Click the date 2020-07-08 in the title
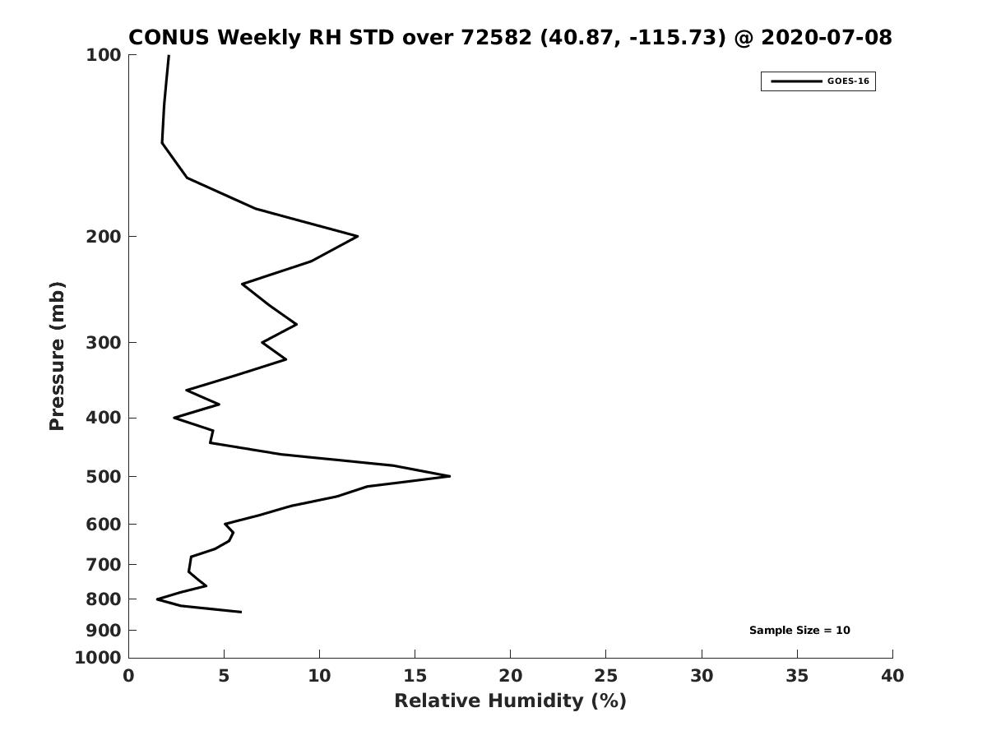tap(827, 37)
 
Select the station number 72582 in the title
tap(497, 37)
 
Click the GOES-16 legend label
tap(848, 81)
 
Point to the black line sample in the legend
tap(796, 81)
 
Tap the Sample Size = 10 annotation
tap(799, 631)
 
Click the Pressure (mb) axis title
tap(57, 356)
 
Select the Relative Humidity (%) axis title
tap(511, 701)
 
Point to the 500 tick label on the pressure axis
tap(104, 477)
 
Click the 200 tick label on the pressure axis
tap(104, 236)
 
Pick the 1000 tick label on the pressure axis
tap(98, 658)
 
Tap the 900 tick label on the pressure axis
tap(104, 631)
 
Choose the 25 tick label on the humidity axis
tap(605, 676)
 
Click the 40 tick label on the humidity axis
tap(892, 676)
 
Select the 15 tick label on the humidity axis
tap(415, 676)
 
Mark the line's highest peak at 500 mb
tap(450, 476)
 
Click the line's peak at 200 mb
tap(358, 236)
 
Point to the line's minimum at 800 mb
tap(157, 599)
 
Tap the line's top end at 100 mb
tap(169, 56)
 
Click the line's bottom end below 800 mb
tap(241, 612)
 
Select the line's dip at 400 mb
tap(174, 418)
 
